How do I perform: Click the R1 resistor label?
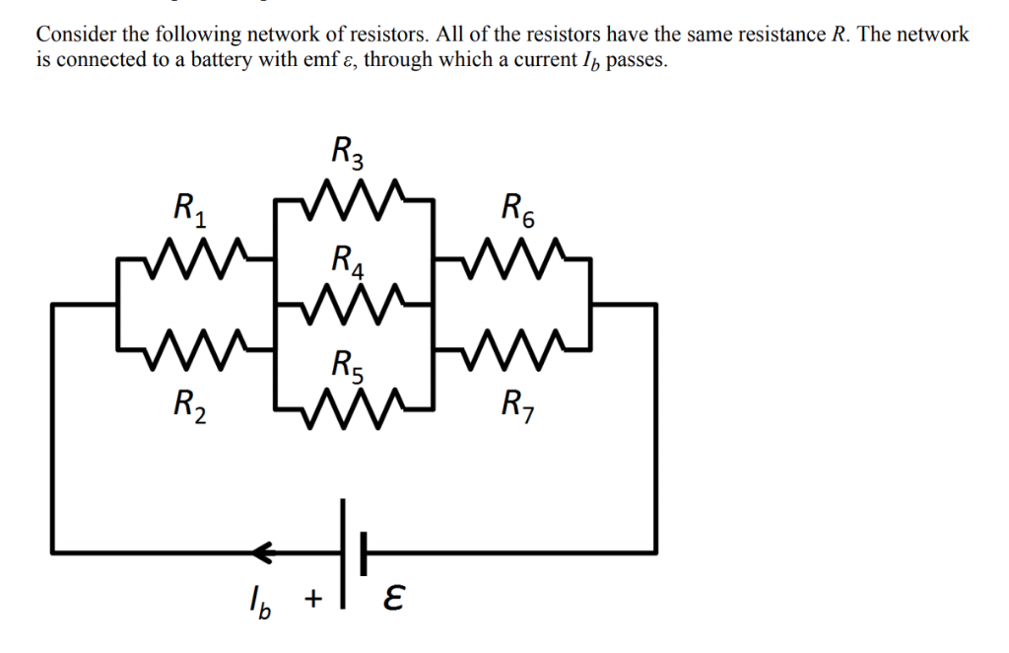[x=189, y=210]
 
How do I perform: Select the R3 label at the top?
[x=350, y=153]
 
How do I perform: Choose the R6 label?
[x=518, y=210]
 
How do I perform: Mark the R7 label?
[x=518, y=402]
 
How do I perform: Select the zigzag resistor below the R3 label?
[x=355, y=198]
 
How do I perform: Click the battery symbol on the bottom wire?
[x=355, y=550]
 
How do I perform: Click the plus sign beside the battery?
[x=312, y=598]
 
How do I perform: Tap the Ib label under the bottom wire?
[x=258, y=601]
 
